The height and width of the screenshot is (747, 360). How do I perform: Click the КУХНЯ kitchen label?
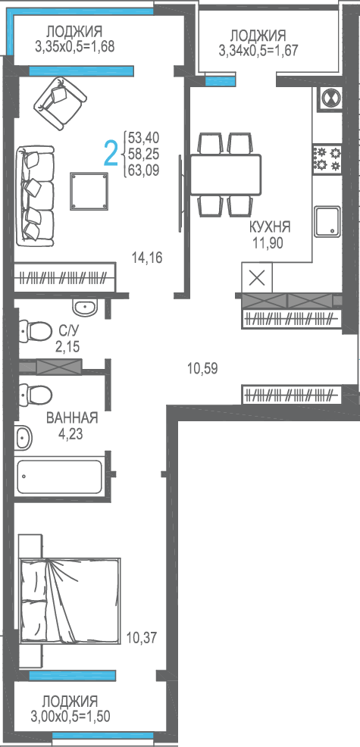click(x=269, y=227)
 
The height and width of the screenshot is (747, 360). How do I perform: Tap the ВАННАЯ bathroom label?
click(x=72, y=418)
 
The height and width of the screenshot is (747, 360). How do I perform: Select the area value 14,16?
click(x=147, y=258)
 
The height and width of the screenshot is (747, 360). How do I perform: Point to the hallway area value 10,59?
click(x=202, y=368)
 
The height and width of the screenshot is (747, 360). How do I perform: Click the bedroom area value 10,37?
click(x=142, y=637)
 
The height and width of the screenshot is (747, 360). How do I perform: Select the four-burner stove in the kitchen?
click(x=327, y=159)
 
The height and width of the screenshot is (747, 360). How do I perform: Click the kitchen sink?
click(x=327, y=221)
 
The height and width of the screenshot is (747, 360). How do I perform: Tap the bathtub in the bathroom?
click(x=60, y=477)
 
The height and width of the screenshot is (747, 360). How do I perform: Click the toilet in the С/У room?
click(x=36, y=330)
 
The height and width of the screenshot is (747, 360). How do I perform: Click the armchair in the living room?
click(x=59, y=102)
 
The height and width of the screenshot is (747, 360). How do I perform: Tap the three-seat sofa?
click(x=35, y=195)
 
